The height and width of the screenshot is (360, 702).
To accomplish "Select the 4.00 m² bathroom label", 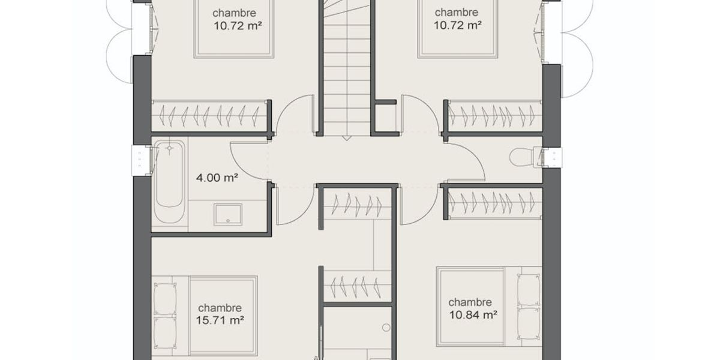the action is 217,178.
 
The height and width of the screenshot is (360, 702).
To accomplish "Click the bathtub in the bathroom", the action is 169,181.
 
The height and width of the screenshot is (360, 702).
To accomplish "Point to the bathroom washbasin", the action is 227,214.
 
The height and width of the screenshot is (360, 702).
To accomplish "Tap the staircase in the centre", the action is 347,67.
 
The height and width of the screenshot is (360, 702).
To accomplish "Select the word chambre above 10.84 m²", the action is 470,302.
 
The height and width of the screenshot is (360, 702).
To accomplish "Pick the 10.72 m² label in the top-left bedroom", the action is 238,26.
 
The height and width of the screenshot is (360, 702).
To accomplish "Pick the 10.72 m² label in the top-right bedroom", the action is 457,25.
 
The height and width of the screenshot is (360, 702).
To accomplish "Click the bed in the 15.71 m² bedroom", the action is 205,316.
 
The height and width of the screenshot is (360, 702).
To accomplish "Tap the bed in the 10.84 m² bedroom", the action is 490,306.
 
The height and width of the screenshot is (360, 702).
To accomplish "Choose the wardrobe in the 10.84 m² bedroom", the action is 495,204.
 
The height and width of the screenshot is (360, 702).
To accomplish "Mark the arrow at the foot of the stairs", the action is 347,139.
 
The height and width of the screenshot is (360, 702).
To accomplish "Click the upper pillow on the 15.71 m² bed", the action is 165,299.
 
